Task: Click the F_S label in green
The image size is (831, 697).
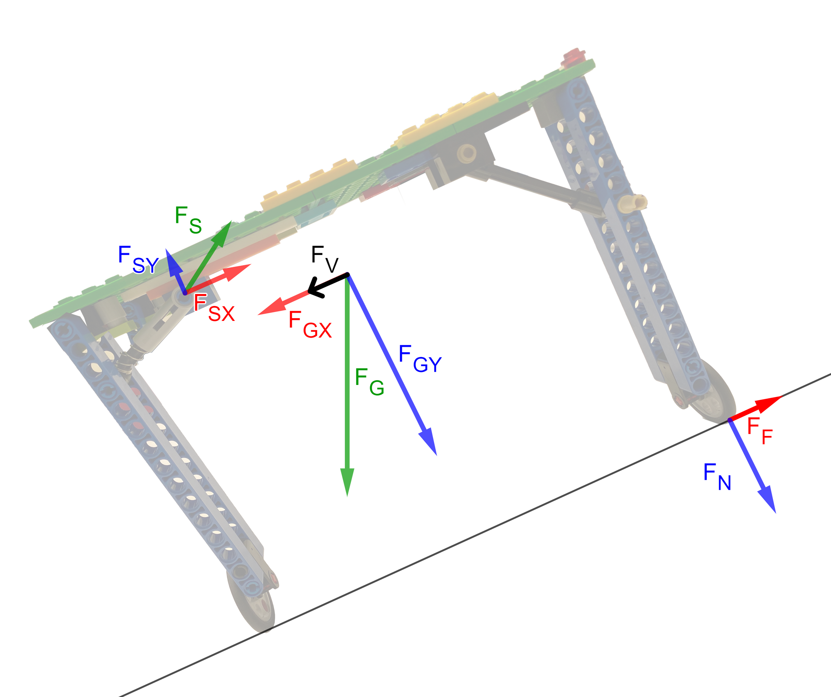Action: click(x=188, y=220)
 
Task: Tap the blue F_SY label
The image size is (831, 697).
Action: click(x=138, y=259)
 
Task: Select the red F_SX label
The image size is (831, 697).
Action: click(x=214, y=308)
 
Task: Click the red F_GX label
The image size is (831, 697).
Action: click(x=310, y=325)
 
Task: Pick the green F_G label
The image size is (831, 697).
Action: click(x=369, y=382)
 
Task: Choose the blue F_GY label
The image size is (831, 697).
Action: click(x=420, y=358)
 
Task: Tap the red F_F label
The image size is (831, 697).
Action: click(x=759, y=431)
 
